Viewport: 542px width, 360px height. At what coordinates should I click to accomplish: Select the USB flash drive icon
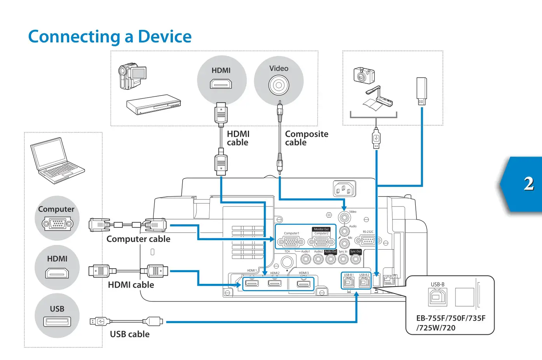tap(422, 91)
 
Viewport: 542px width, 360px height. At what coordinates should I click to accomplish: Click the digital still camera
tap(364, 75)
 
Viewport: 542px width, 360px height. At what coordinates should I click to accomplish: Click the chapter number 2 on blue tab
tap(528, 183)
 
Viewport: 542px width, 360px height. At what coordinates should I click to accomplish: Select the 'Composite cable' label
tap(306, 138)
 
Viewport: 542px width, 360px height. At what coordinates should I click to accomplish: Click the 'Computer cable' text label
tap(138, 239)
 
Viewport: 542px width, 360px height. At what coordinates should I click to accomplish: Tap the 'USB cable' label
tap(129, 334)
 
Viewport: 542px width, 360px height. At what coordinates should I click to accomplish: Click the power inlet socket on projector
tap(344, 190)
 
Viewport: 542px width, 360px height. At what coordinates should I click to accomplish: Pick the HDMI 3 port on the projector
tap(303, 284)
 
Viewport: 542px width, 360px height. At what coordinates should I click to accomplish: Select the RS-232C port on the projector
tap(368, 240)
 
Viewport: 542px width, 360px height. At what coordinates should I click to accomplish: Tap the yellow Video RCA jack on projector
tap(344, 217)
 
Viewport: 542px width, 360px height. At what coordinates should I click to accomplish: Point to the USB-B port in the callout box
tap(437, 297)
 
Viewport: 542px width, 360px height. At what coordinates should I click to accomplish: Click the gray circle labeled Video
tap(279, 81)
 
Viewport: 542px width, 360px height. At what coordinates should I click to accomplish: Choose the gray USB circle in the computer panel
tap(57, 316)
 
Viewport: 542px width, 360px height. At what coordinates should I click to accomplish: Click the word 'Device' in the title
tap(165, 37)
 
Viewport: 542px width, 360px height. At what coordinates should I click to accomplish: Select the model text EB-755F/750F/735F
tap(450, 318)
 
